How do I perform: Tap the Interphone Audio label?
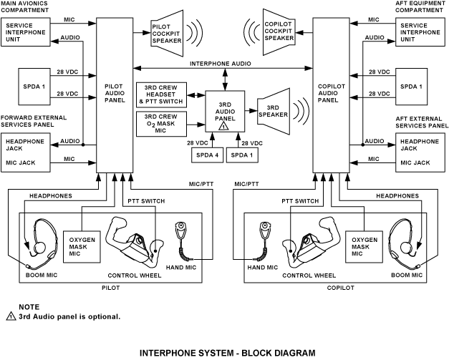[x=220, y=64]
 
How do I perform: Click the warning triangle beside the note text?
[x=11, y=316]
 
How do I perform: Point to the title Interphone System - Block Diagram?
[x=227, y=353]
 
